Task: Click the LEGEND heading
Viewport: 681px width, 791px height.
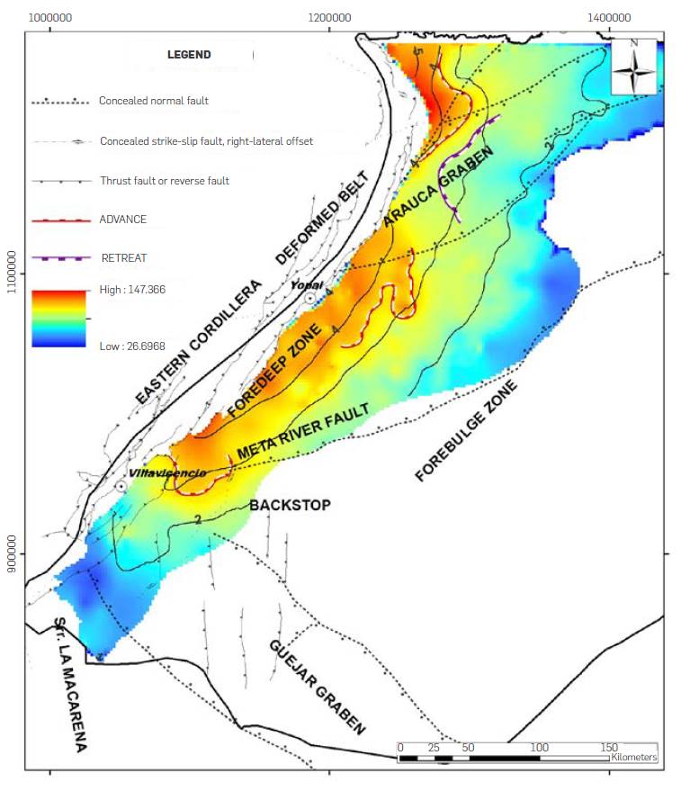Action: [189, 55]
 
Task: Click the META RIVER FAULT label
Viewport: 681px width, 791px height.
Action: [304, 431]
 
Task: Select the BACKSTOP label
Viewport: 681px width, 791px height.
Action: [290, 506]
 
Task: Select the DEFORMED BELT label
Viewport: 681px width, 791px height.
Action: [323, 217]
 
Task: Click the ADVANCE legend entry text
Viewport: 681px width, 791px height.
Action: [123, 220]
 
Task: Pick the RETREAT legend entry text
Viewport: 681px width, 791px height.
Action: [124, 258]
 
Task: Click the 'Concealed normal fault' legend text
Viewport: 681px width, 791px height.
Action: [153, 101]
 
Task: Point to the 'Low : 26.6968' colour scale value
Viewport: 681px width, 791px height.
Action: [132, 346]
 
